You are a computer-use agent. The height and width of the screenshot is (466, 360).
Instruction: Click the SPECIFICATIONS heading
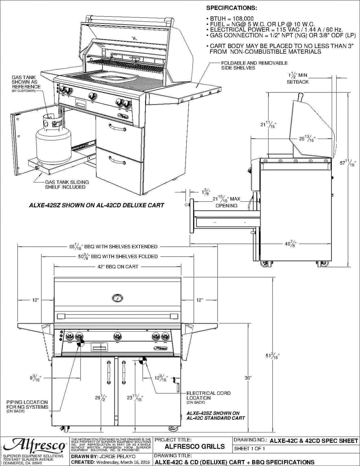231,8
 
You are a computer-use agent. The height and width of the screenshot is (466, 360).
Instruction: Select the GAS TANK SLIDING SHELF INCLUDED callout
67,185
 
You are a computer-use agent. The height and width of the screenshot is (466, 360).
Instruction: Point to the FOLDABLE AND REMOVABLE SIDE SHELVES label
254,65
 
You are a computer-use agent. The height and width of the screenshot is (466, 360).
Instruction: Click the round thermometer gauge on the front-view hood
117,298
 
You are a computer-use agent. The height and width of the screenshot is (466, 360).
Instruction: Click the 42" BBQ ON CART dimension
118,266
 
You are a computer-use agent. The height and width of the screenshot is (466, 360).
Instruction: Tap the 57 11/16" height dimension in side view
347,163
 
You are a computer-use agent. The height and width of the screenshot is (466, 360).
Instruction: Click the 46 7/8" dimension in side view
290,244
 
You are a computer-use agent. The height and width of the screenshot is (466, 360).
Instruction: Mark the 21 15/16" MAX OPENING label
226,202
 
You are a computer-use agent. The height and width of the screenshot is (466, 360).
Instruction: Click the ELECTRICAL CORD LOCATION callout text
208,395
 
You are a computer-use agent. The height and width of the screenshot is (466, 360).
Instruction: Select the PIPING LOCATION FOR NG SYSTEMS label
27,404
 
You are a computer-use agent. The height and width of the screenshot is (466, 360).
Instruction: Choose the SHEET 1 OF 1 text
249,449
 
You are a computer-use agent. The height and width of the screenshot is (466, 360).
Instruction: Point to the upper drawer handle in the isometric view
117,128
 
